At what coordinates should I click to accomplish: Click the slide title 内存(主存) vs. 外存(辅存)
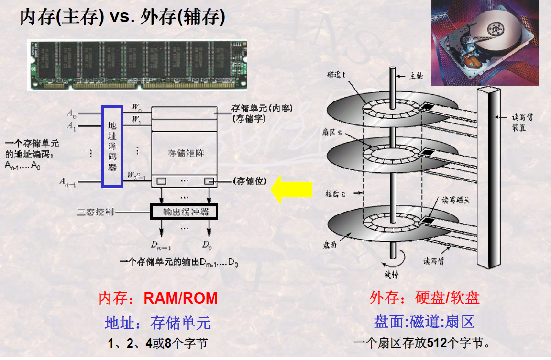122,18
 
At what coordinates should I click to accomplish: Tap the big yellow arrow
291,190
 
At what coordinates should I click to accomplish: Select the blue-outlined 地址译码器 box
112,146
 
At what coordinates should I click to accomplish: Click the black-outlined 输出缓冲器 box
184,212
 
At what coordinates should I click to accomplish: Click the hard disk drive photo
485,43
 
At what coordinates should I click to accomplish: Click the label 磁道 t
340,74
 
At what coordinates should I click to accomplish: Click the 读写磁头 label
455,200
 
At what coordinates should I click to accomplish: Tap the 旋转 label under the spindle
391,275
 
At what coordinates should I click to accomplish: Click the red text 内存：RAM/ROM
158,298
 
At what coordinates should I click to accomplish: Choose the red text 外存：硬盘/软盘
424,298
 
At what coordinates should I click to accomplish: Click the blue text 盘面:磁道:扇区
424,322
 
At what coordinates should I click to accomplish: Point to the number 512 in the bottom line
437,343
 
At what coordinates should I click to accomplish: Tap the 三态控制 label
95,212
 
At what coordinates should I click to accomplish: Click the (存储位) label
250,181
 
